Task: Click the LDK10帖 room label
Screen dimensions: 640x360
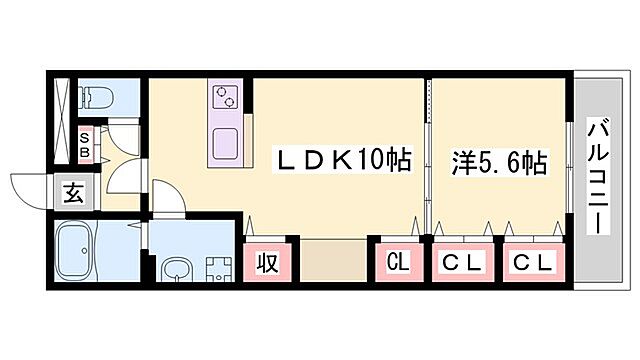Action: point(344,161)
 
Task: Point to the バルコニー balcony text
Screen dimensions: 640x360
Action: point(599,174)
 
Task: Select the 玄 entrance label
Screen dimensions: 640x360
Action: point(74,192)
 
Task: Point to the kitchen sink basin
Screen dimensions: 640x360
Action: point(225,144)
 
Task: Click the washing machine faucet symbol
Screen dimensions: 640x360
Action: point(216,267)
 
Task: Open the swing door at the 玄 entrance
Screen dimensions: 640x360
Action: point(30,187)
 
